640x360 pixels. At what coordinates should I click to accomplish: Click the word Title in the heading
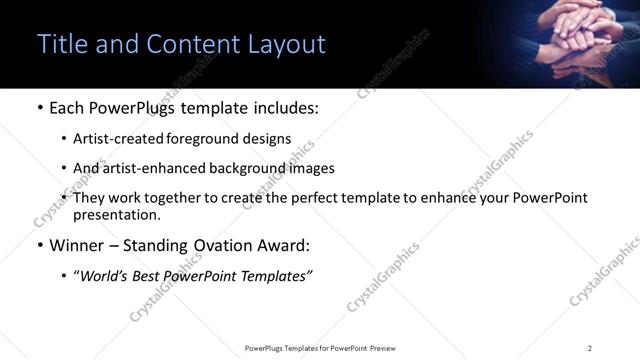pos(61,44)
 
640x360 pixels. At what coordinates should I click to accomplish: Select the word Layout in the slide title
pos(288,44)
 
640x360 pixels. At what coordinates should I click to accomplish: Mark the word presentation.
pos(116,214)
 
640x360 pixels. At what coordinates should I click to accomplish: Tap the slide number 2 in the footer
pos(590,348)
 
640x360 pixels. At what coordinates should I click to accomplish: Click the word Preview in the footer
pos(381,348)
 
